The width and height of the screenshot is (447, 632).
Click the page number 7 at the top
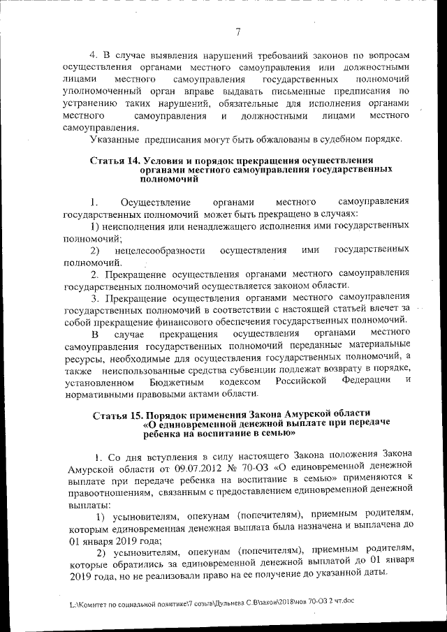point(237,31)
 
